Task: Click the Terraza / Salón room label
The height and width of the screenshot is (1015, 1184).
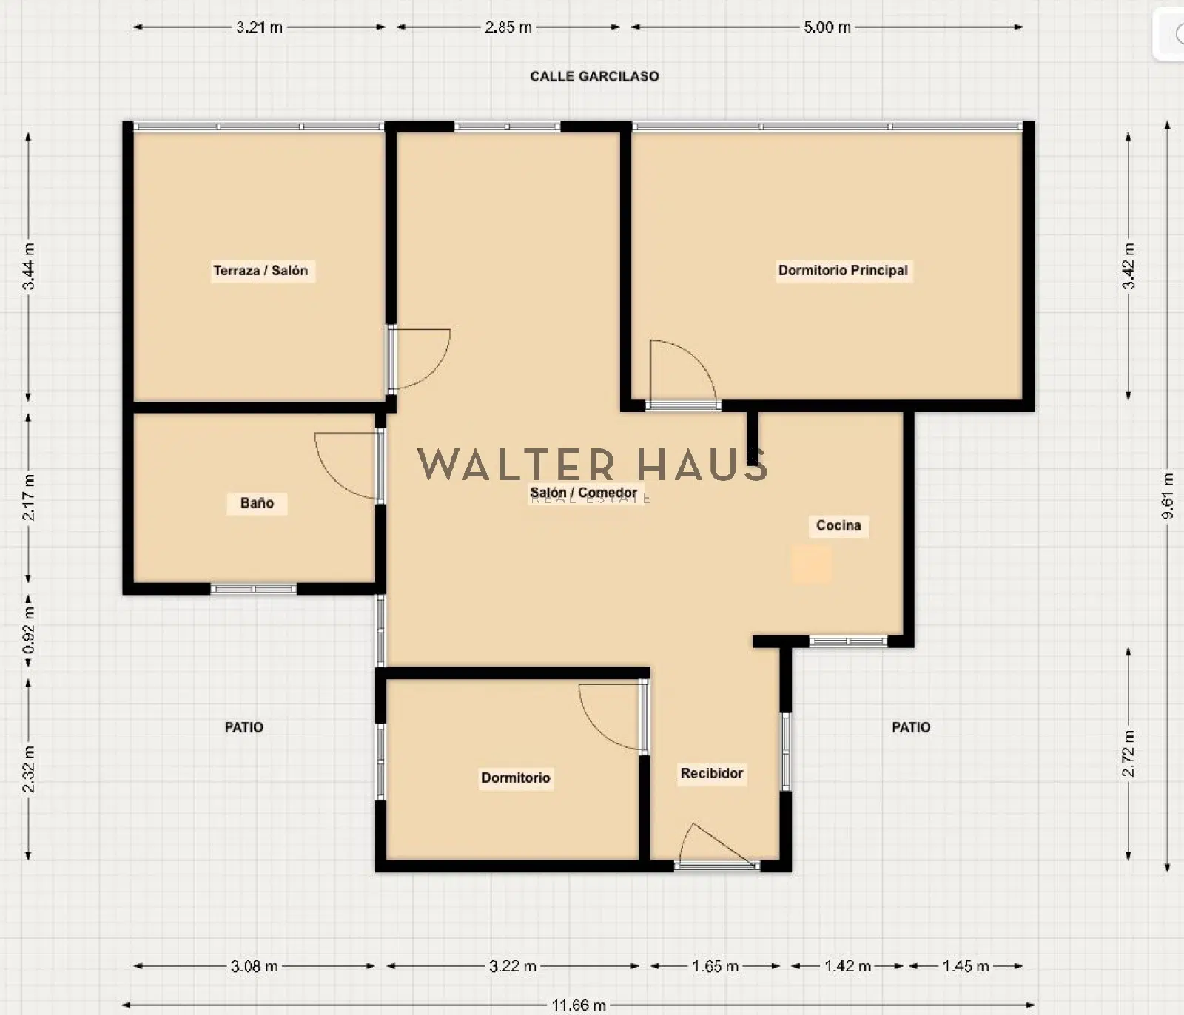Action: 260,271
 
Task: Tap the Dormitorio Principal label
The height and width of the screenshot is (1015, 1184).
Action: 843,271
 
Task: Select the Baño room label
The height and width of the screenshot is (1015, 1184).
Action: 257,503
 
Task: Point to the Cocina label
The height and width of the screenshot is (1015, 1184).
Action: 838,525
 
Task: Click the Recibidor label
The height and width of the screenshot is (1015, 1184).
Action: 712,773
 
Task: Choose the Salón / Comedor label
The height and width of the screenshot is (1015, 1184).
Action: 584,493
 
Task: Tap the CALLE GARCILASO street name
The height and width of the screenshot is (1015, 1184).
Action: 594,76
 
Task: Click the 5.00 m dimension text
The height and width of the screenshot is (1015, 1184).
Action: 827,27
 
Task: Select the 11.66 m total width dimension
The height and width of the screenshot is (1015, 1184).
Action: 579,1005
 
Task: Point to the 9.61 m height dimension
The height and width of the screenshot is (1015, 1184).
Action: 1168,496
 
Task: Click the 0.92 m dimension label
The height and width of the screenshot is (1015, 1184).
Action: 29,630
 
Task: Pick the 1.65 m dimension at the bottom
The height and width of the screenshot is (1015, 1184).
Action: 716,966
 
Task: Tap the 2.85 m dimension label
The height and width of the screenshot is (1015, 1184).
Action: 508,27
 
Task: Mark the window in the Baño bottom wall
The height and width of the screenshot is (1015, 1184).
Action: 254,589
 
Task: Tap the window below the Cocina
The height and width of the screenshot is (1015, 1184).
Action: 848,641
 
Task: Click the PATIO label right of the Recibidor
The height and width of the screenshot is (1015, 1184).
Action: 911,727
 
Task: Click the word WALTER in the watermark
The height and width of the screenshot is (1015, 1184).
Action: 516,465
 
